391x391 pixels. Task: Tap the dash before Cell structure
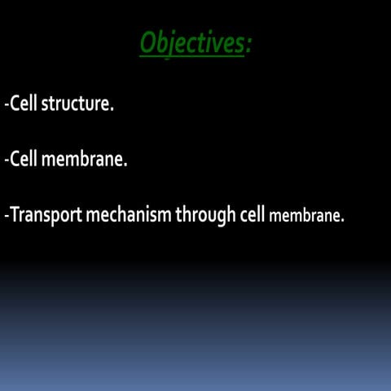6,107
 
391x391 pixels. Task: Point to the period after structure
111,111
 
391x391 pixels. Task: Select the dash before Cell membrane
6,161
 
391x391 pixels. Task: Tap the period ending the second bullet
126,165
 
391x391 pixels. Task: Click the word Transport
44,215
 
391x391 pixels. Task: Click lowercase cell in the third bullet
253,215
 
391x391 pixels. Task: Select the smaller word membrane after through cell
305,217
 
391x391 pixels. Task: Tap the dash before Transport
6,217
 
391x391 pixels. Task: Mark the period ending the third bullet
343,221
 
